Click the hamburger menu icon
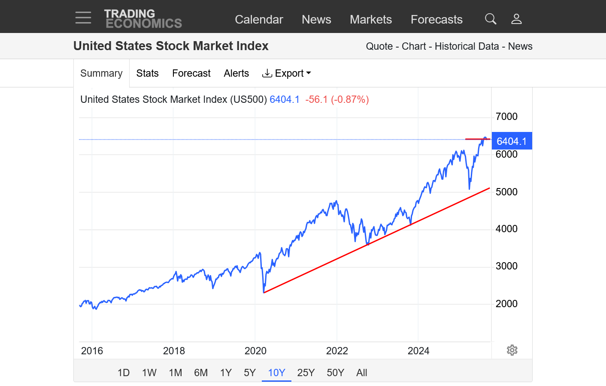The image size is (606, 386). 83,18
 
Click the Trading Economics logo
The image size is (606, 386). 143,19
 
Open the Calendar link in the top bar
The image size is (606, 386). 259,19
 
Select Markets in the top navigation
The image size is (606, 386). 371,19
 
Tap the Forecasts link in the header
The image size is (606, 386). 436,19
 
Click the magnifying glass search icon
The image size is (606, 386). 491,19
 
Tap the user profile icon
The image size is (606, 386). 516,19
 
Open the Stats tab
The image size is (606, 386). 147,73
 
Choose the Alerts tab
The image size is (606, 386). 236,73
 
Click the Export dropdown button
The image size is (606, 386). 286,73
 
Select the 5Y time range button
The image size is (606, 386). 250,373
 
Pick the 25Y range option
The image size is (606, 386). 306,373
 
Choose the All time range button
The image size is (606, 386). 362,373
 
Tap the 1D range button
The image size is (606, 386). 124,373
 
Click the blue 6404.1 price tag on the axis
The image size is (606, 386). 512,141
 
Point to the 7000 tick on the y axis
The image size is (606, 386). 506,117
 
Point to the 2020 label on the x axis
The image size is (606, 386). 255,351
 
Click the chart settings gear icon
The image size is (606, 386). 512,350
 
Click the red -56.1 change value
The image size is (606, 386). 316,99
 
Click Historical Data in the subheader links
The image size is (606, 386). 467,46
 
